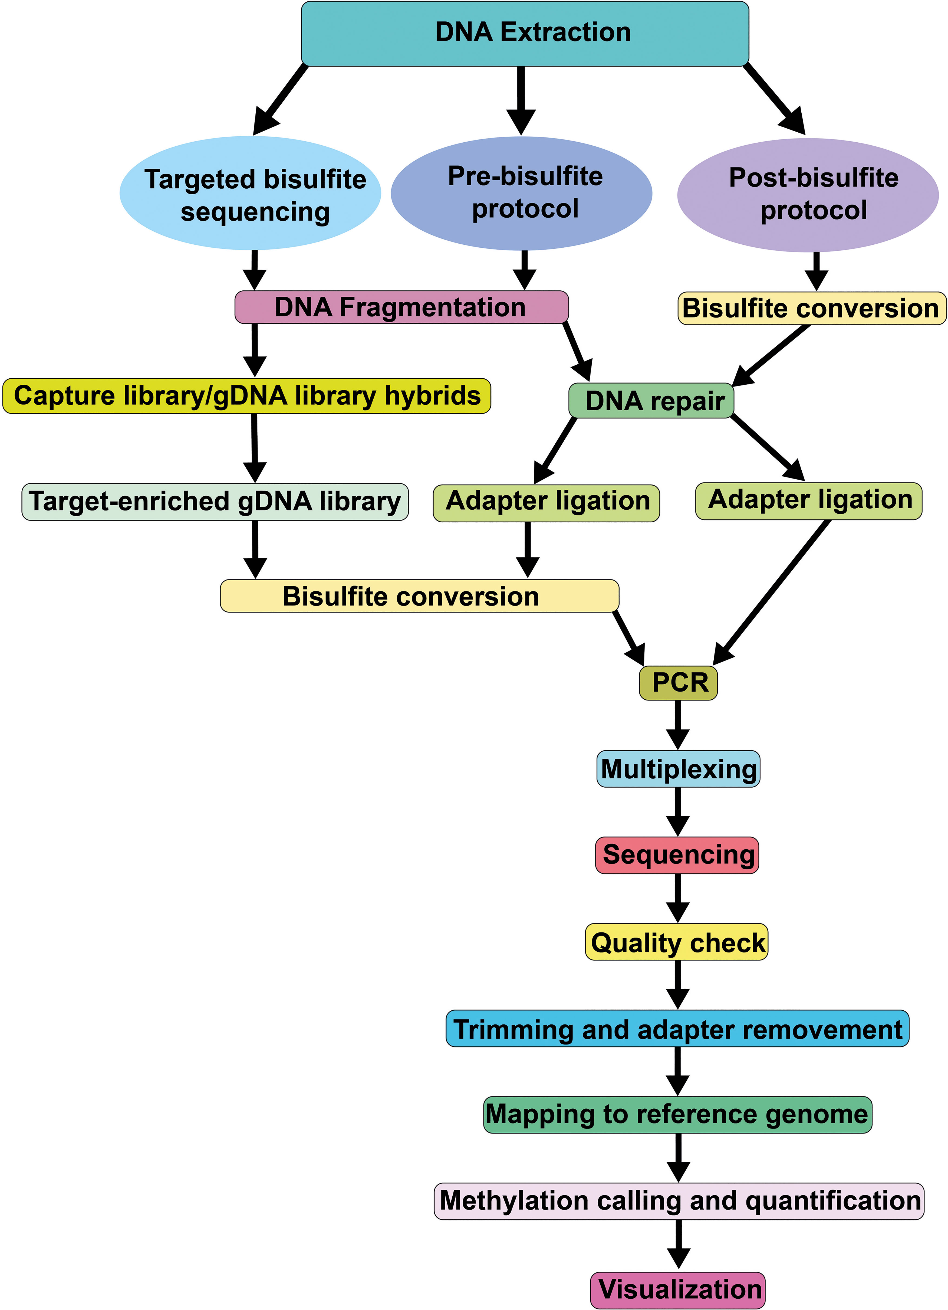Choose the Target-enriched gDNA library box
pos(215,501)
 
